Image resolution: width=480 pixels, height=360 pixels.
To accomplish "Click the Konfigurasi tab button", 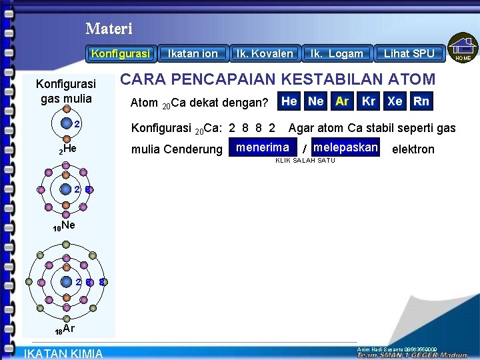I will [x=121, y=53].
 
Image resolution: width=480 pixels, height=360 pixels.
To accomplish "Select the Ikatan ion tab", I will [x=193, y=53].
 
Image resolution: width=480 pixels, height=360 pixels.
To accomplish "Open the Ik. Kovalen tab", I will [x=264, y=53].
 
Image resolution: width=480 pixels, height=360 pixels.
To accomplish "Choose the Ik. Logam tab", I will [x=337, y=53].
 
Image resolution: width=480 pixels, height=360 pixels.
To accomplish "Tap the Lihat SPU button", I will [x=409, y=53].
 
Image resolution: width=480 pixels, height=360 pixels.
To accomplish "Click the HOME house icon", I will [x=463, y=49].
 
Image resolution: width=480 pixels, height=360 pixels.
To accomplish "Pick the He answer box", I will [x=289, y=101].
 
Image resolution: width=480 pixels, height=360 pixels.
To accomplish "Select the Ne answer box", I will [x=316, y=101].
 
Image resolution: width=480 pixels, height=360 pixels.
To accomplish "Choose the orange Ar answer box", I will [x=342, y=101].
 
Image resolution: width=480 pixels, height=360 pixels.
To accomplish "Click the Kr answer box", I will [x=369, y=101].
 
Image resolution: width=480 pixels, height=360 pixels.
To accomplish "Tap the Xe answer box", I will [x=395, y=101].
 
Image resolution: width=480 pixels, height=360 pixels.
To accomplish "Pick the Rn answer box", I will [x=421, y=101].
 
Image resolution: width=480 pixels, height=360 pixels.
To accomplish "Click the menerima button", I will [x=263, y=147].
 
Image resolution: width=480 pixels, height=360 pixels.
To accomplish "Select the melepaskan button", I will [x=345, y=147].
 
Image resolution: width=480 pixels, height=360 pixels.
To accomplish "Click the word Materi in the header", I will [x=109, y=29].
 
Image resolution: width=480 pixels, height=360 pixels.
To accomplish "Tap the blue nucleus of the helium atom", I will [x=65, y=123].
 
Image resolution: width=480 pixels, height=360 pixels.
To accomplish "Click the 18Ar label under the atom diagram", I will [x=65, y=329].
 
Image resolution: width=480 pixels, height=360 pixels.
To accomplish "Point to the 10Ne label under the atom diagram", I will [x=64, y=227].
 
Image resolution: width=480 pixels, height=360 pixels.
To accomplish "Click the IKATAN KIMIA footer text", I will [x=63, y=353].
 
